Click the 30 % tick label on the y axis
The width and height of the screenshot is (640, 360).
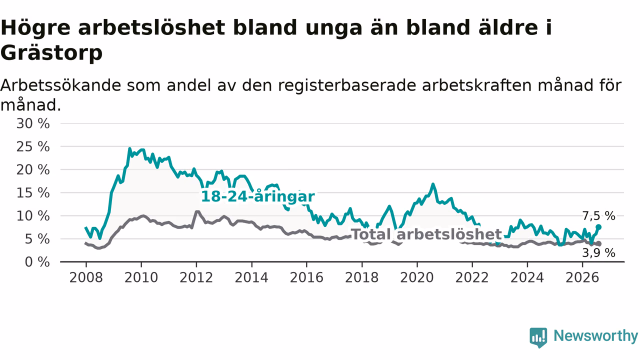pos(33,123)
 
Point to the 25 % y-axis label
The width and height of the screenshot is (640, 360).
pos(33,147)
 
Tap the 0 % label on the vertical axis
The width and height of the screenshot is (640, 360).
pos(37,262)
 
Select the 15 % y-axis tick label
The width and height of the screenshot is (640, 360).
pos(33,193)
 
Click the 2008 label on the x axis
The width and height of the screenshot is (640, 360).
pos(86,277)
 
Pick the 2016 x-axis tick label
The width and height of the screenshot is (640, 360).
pos(306,277)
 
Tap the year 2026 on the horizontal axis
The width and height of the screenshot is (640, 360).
pos(582,277)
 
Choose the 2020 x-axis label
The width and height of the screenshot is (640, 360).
pos(417,277)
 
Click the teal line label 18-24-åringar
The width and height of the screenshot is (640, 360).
pos(258,197)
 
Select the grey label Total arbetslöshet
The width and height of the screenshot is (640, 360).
pos(426,234)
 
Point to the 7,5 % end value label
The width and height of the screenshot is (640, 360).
pos(599,216)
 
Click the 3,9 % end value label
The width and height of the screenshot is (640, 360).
pos(599,253)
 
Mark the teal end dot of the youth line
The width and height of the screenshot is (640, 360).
pos(598,227)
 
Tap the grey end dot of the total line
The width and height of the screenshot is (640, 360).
pos(599,243)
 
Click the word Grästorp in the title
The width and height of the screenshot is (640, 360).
pos(51,53)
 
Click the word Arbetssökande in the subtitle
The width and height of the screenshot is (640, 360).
pos(60,85)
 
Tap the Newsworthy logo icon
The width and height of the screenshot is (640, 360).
pos(538,337)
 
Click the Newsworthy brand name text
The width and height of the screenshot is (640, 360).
pos(595,335)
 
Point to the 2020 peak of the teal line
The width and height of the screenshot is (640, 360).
pos(433,184)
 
